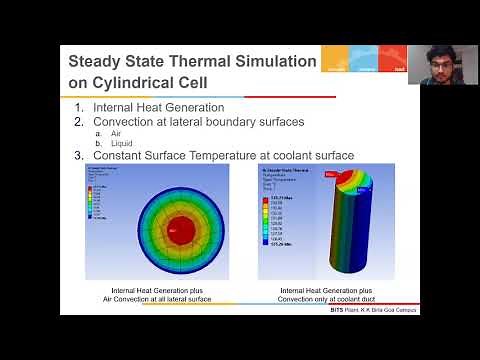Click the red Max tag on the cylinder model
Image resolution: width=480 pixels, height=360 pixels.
pos(330,174)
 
